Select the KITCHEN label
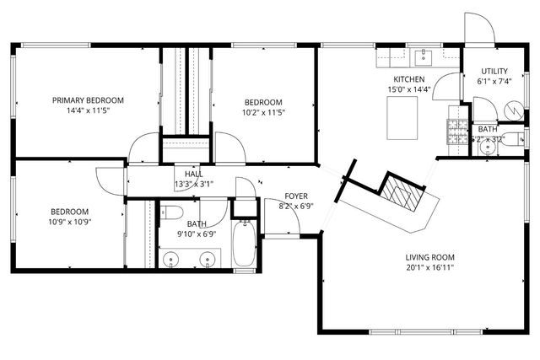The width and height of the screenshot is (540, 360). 408,78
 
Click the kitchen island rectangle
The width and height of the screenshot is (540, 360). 404,116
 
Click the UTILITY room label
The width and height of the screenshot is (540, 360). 494,71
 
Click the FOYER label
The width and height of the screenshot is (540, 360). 296,195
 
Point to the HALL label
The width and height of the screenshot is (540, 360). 193,174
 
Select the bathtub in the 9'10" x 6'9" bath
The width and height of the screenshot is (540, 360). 248,244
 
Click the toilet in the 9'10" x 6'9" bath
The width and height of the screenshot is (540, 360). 173,212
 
